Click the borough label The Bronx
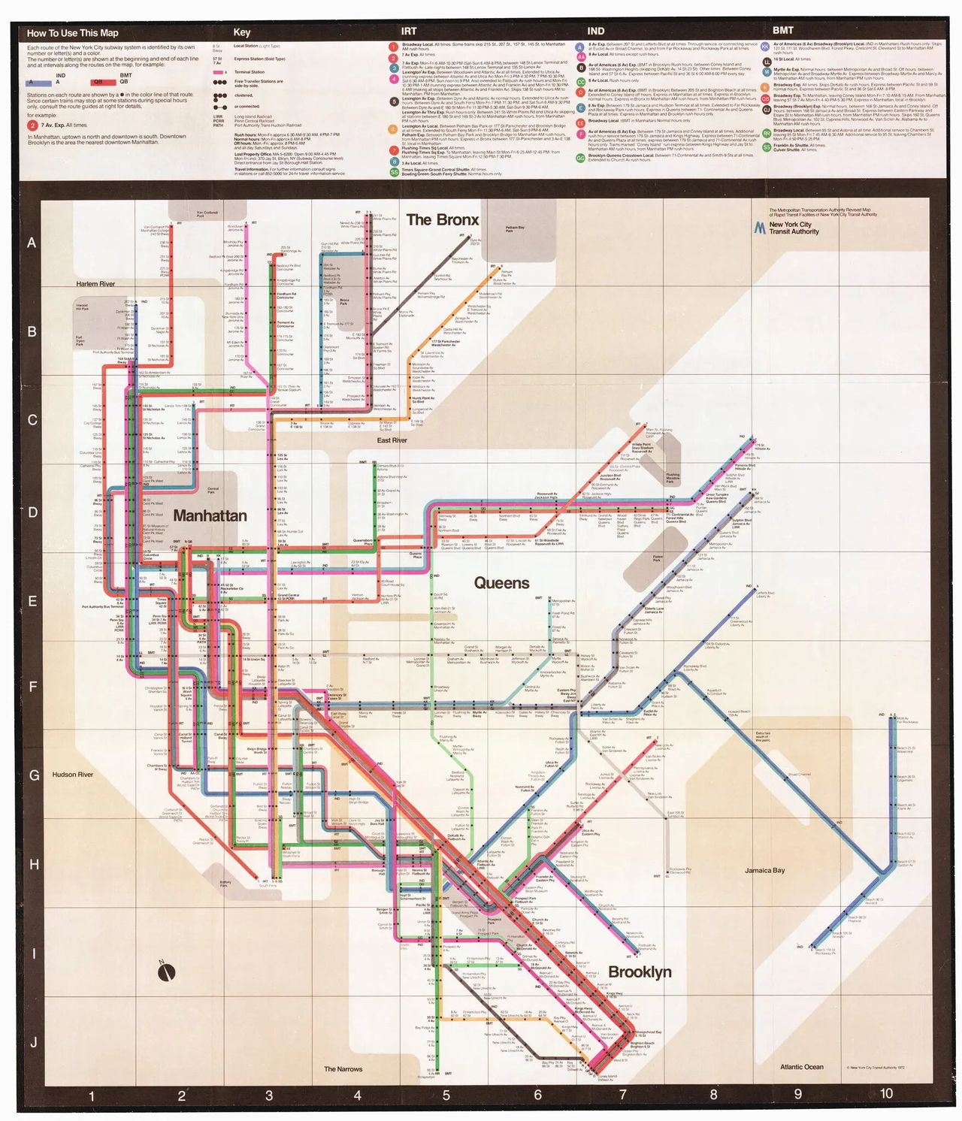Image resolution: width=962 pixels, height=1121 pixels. point(442,219)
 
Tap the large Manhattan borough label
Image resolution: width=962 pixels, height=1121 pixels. point(210,515)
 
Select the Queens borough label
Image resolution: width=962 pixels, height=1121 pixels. point(501,583)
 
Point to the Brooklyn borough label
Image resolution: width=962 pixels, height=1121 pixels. point(640,971)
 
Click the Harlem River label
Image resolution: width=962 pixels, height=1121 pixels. point(95,284)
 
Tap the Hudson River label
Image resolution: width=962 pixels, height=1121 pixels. point(73,774)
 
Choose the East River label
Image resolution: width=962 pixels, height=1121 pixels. point(392,440)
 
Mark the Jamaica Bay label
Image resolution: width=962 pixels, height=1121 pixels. point(764,870)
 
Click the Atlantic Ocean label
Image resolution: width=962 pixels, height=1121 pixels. point(801,1066)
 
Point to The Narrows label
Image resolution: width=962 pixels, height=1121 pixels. point(343,1068)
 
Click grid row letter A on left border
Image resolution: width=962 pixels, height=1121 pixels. point(32,243)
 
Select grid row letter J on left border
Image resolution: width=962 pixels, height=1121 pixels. point(32,1042)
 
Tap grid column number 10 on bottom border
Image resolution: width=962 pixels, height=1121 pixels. point(886,1094)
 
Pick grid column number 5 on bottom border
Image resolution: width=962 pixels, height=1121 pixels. point(446,1095)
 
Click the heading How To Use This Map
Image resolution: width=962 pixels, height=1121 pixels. point(72,33)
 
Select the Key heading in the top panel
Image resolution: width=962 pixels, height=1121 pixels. point(241,32)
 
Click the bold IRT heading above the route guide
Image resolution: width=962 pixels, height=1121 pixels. point(408,32)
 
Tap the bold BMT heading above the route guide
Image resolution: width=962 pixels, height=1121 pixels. point(782,31)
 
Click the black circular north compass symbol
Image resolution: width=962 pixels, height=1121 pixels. point(166,972)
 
